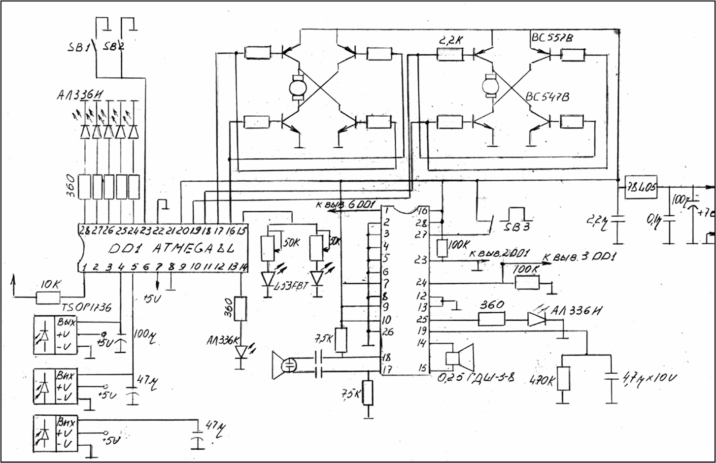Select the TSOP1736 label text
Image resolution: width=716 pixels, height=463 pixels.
[x=87, y=307]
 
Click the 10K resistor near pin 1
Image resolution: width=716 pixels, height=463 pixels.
[x=48, y=297]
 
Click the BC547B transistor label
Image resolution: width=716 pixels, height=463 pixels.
[x=547, y=97]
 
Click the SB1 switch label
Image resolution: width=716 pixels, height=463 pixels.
[x=78, y=48]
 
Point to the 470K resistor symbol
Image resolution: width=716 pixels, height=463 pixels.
[x=563, y=379]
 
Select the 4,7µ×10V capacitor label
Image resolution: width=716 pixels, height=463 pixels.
[x=648, y=378]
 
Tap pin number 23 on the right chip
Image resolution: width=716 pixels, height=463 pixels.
[x=420, y=260]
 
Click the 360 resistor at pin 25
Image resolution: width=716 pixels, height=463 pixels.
[x=491, y=319]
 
